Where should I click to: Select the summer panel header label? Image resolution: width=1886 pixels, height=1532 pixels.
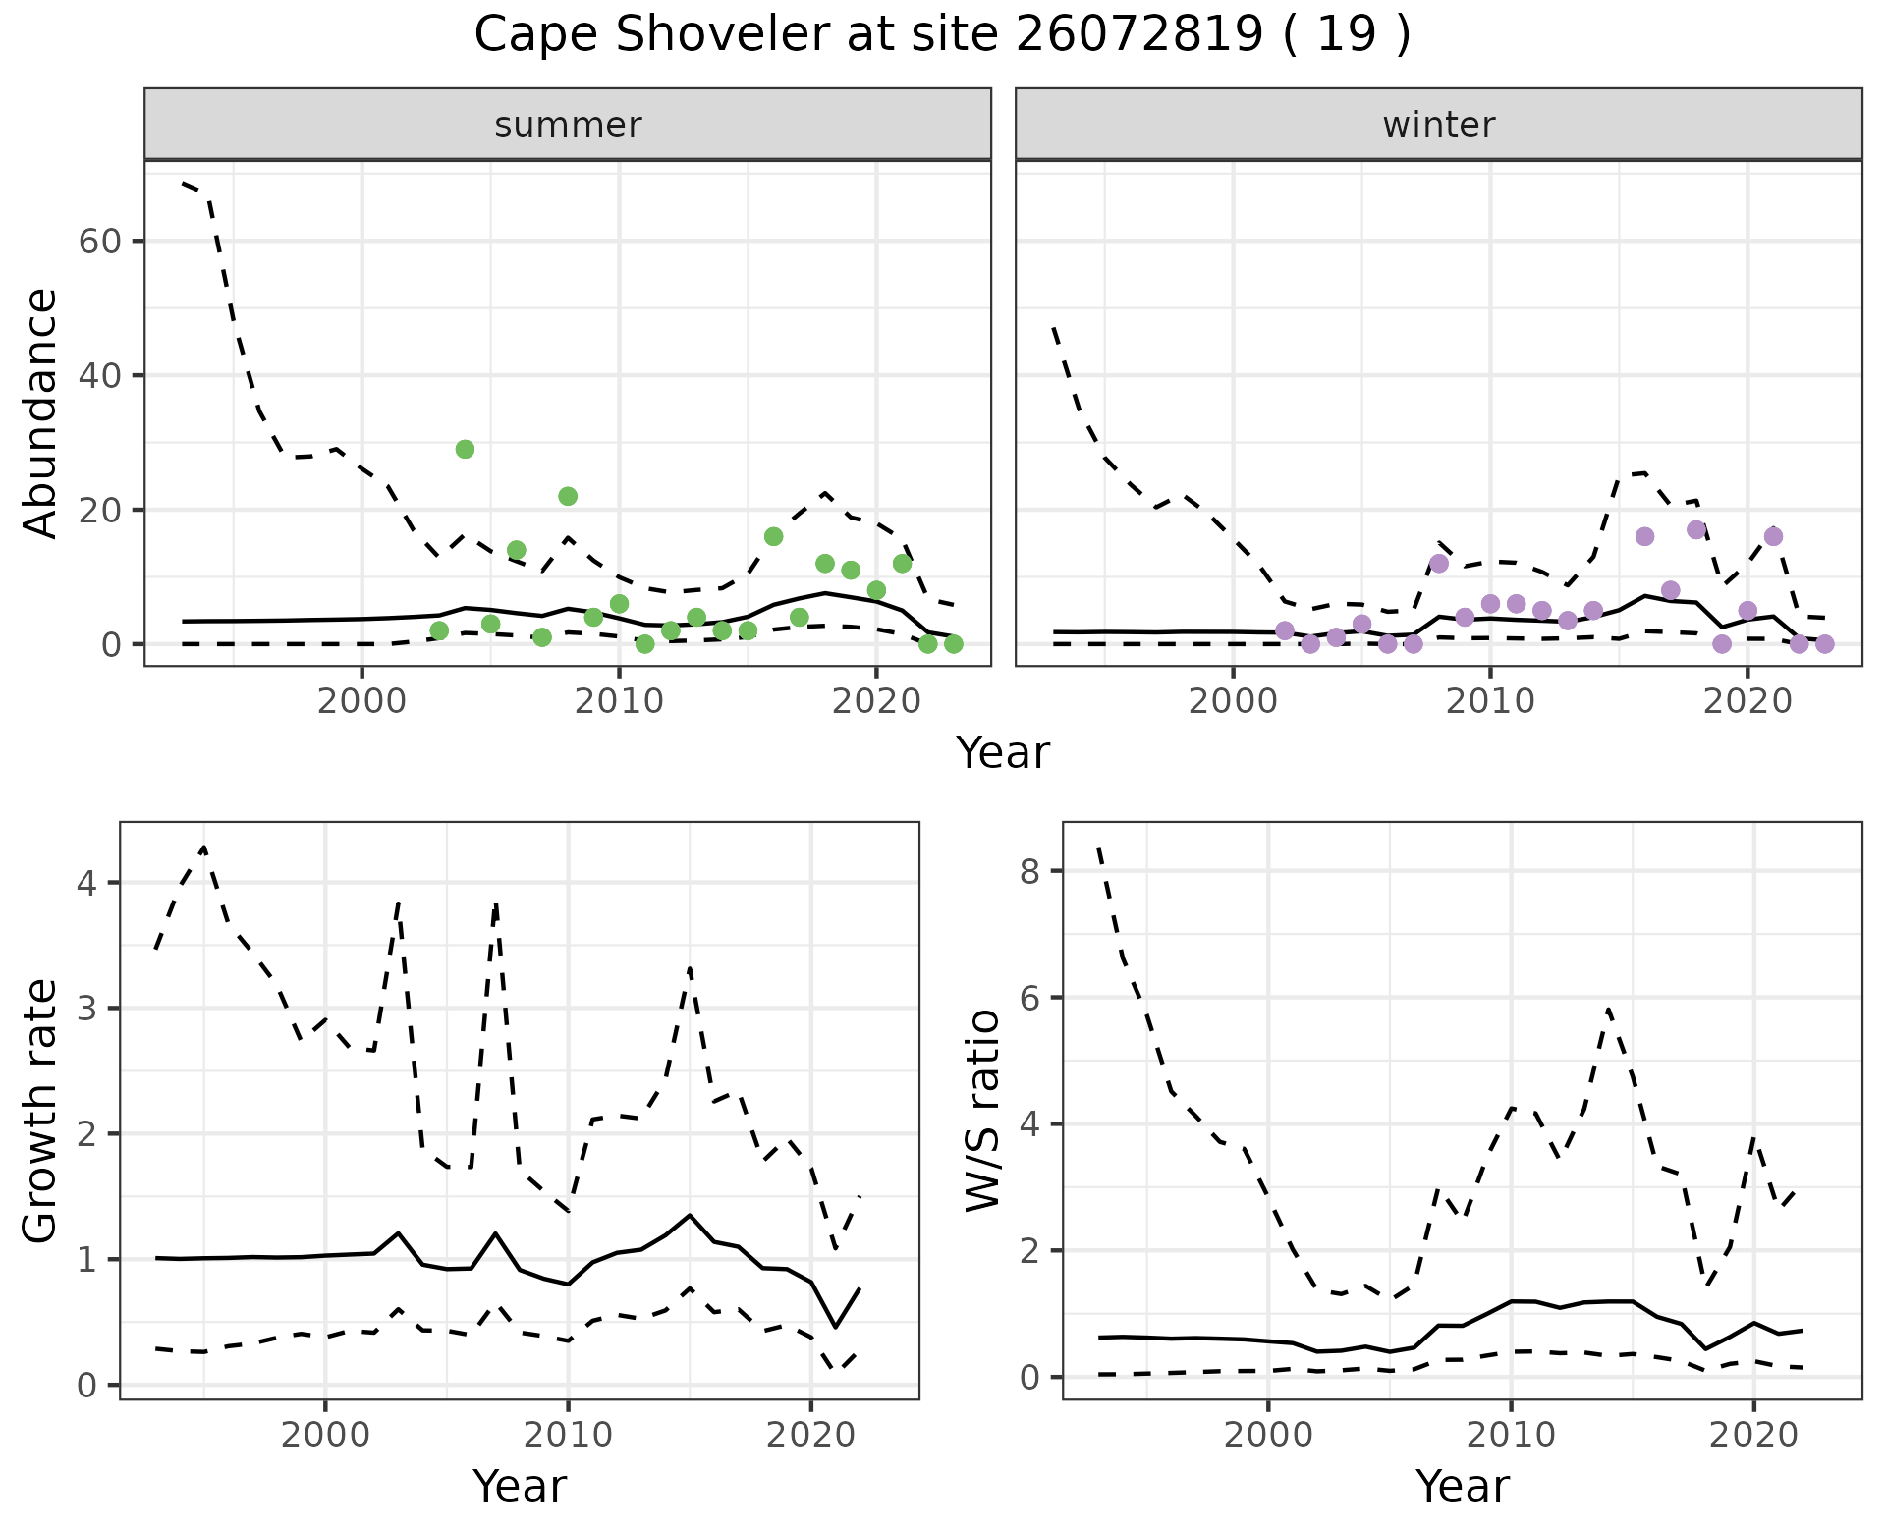pos(568,125)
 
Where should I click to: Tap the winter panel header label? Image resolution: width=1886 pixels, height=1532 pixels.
pos(1438,125)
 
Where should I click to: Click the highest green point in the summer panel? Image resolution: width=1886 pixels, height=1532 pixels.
pos(465,449)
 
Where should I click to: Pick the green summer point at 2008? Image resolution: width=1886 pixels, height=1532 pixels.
pos(568,496)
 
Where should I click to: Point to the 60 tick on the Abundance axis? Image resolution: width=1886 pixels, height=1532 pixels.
pos(98,242)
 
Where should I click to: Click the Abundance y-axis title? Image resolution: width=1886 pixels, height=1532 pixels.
pos(41,412)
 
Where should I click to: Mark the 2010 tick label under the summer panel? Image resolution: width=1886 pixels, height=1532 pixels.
pos(619,701)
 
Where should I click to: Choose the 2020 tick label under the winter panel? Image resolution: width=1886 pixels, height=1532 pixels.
pos(1747,701)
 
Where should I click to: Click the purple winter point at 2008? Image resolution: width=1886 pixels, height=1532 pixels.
pos(1439,564)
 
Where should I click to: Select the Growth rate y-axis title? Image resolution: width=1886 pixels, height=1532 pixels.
pos(41,1111)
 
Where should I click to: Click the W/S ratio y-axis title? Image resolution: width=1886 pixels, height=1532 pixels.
pos(983,1111)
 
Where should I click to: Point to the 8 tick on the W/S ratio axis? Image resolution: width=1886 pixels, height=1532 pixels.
pos(1029,871)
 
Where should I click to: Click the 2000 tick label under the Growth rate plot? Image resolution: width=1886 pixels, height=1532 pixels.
pos(325,1435)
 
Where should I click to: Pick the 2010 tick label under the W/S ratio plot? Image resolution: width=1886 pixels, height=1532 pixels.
pos(1511,1435)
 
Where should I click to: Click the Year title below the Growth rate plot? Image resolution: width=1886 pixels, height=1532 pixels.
pos(520,1486)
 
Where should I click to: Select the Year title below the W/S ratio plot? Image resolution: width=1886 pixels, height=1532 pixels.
pos(1462,1486)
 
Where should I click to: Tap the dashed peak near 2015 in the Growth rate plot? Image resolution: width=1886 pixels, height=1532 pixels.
pos(690,968)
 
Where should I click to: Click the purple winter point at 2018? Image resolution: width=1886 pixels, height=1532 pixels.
pos(1696,530)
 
